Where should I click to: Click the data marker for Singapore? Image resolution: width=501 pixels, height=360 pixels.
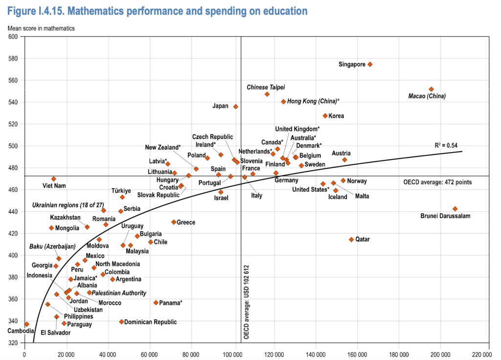370,64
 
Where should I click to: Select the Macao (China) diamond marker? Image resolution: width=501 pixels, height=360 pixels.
431,89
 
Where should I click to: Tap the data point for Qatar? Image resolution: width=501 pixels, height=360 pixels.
351,239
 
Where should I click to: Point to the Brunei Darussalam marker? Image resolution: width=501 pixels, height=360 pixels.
455,209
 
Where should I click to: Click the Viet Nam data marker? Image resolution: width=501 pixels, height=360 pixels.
54,179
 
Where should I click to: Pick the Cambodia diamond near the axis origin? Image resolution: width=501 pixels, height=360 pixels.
26,324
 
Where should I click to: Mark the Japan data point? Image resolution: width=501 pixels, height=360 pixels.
235,106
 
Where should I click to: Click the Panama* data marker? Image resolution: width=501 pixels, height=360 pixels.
156,303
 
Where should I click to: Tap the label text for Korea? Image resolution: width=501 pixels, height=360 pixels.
336,116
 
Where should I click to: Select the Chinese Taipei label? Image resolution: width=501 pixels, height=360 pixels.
266,87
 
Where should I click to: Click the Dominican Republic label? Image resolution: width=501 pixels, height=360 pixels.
150,322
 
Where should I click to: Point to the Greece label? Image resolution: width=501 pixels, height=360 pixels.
185,223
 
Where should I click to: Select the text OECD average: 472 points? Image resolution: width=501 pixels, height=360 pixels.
438,182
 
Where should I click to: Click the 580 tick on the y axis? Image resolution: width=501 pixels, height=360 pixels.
13,59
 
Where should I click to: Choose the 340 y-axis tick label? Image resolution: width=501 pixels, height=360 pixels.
13,321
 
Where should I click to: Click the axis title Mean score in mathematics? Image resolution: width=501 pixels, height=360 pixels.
41,28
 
